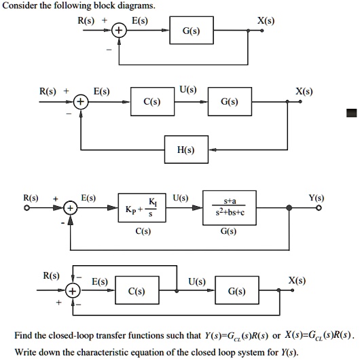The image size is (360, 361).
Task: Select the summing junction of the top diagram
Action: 118,32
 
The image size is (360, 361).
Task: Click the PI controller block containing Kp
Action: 142,210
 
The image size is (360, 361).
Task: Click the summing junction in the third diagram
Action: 71,209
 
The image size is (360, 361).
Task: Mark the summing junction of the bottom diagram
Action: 75,292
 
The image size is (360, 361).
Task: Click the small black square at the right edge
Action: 351,113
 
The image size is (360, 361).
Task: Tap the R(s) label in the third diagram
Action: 32,198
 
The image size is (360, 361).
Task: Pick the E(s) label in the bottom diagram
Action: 100,281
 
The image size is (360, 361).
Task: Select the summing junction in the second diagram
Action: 81,103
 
